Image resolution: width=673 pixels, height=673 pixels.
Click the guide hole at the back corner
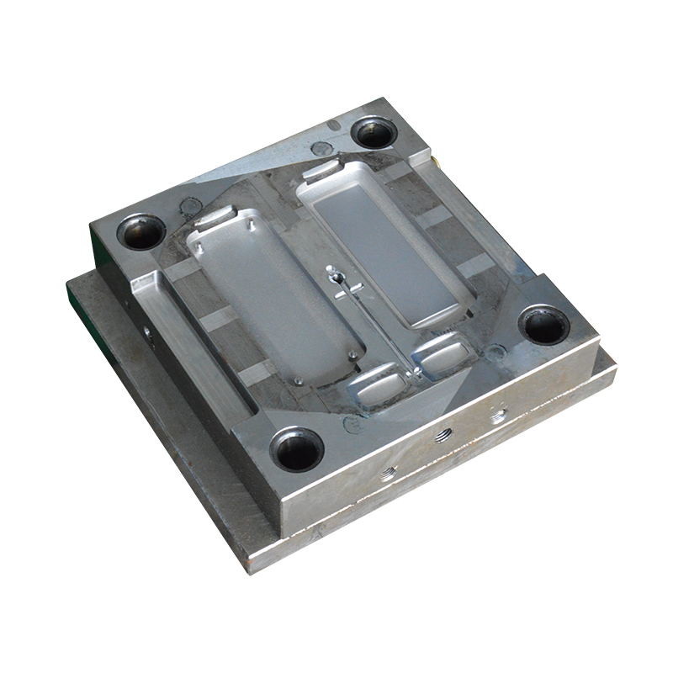click(x=373, y=131)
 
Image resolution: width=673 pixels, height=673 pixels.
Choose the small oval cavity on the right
click(x=444, y=355)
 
